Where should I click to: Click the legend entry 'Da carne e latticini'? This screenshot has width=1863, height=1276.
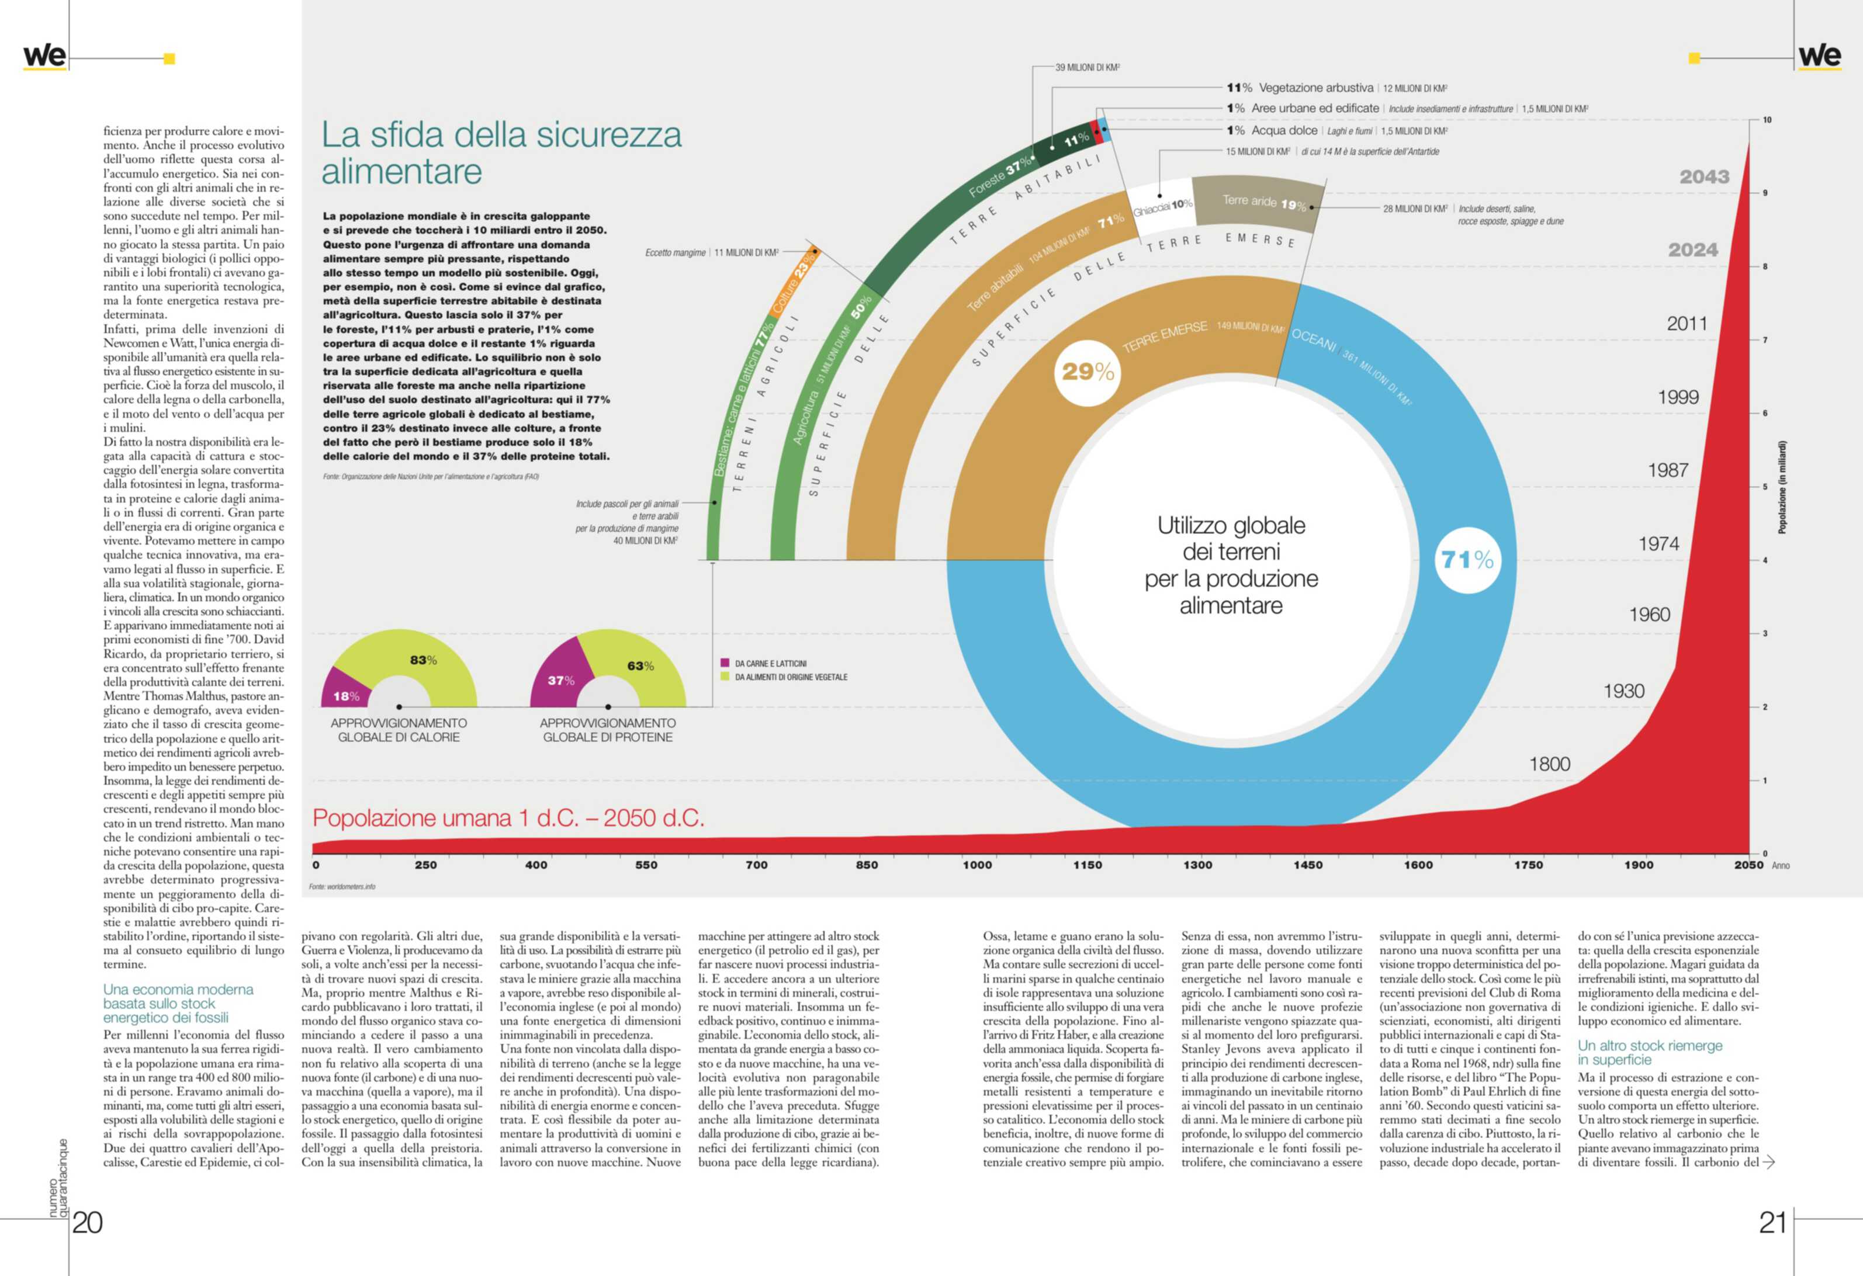[770, 664]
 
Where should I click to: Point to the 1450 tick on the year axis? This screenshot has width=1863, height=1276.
[1307, 865]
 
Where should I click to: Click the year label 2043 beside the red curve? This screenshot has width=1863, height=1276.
[1704, 177]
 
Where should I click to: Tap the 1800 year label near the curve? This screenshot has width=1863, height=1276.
[1550, 764]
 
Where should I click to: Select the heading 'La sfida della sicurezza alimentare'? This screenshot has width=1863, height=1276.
[501, 152]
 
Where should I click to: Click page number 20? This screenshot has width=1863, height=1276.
[88, 1222]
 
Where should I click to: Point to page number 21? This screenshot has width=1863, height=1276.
[1772, 1222]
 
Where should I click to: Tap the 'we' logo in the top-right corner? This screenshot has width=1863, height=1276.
[1819, 56]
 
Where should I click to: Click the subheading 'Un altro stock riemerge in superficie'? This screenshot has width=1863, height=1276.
[1650, 1052]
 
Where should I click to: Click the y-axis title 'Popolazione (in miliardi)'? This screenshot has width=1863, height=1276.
[1782, 487]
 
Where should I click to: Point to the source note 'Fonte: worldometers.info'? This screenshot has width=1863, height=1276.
[342, 886]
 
